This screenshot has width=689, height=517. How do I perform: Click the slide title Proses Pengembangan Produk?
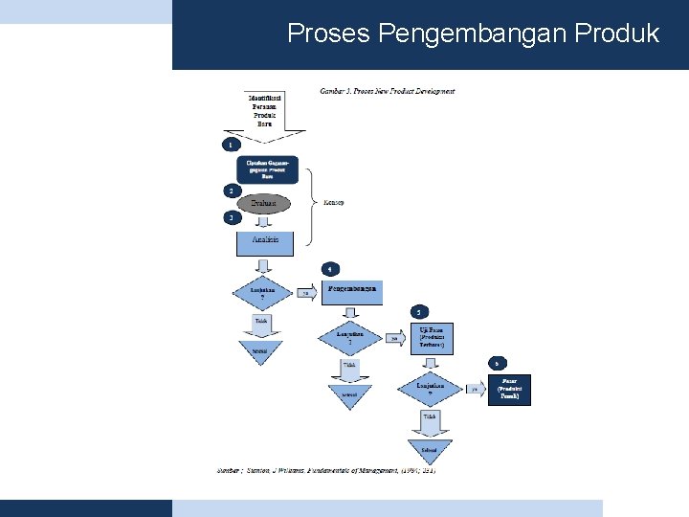[x=473, y=34]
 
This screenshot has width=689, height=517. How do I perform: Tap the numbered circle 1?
[x=229, y=145]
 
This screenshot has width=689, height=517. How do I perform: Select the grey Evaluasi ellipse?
[x=265, y=204]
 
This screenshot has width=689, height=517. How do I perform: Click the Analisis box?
[x=265, y=241]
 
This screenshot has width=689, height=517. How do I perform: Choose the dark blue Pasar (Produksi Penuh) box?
[x=509, y=390]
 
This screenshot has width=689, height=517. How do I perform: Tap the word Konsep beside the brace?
[x=334, y=203]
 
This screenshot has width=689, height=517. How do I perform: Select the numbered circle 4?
[x=330, y=269]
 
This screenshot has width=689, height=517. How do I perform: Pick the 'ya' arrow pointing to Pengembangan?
[x=306, y=293]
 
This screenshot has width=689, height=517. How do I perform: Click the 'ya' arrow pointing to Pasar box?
[x=475, y=390]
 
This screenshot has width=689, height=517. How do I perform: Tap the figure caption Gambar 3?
[x=387, y=91]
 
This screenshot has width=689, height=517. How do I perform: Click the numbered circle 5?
[x=419, y=312]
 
